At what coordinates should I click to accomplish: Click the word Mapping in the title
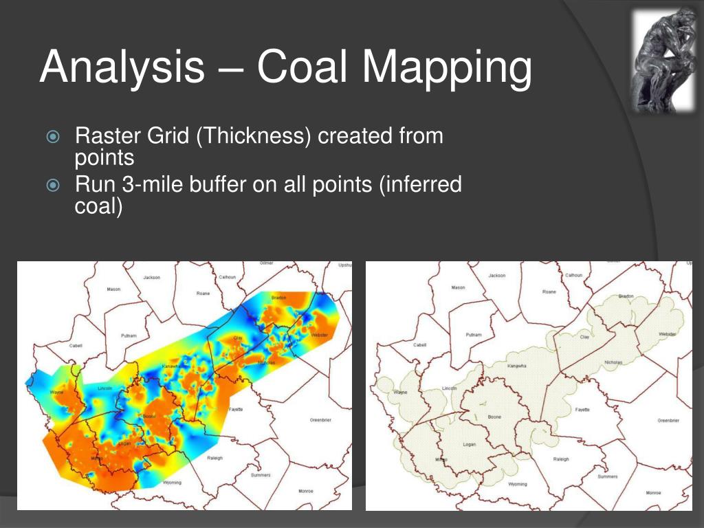448,67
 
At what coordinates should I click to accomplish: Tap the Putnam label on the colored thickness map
129,335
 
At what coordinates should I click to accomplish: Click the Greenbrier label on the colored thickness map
320,419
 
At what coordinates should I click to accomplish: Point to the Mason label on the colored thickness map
113,289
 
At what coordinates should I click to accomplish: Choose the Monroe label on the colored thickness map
307,491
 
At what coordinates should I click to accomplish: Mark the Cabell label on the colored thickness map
76,346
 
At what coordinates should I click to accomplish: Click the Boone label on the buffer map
494,417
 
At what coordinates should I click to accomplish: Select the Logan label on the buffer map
469,444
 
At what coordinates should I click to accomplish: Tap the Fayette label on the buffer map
582,409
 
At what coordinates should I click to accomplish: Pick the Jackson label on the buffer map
496,275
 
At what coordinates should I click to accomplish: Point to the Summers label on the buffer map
608,476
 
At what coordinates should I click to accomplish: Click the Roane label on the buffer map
549,291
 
